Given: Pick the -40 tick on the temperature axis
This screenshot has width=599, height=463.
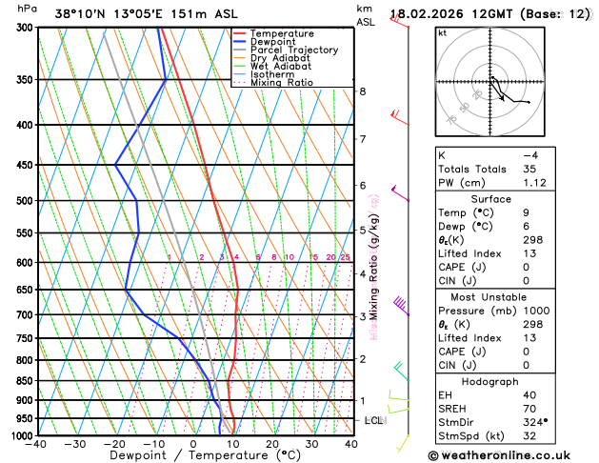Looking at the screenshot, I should (x=37, y=444).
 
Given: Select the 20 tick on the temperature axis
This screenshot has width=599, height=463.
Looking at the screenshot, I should (x=272, y=444).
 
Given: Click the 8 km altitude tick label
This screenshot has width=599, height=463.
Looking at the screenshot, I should (x=362, y=91).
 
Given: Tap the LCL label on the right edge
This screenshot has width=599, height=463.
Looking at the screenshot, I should (x=374, y=420).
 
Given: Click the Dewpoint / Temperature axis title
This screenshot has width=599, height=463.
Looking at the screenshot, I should (x=193, y=456).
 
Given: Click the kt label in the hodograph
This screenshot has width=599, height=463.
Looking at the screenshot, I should (x=442, y=32).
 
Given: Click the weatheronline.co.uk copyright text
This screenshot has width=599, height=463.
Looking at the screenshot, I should (x=512, y=455).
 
